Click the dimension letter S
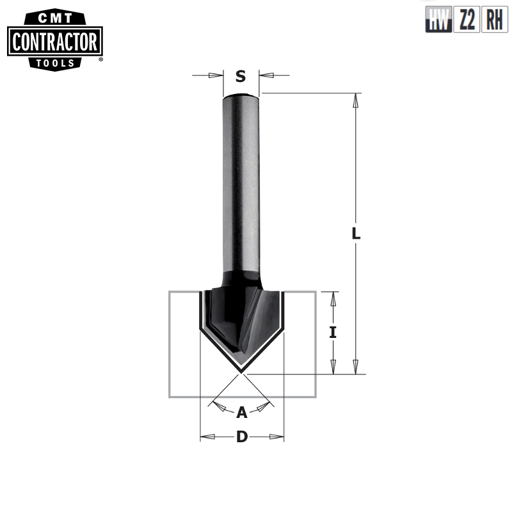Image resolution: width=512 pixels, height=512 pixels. tap(241, 77)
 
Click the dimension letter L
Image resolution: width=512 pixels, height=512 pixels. tap(356, 234)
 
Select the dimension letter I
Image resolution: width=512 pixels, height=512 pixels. tap(333, 333)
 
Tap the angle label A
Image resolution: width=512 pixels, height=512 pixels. tap(241, 412)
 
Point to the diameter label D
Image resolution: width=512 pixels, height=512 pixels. tap(242, 437)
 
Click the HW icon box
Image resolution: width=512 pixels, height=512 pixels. tap(438, 22)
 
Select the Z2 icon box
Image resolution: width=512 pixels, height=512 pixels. tap(467, 22)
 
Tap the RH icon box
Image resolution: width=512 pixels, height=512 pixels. tap(494, 22)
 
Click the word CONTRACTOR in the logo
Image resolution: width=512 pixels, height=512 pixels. tap(56, 43)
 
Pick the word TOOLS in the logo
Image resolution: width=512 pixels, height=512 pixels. tap(56, 62)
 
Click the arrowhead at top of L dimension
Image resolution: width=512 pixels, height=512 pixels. tap(357, 100)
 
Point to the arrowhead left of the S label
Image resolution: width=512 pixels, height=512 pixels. tap(216, 76)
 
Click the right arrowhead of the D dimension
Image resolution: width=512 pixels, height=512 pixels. tap(276, 437)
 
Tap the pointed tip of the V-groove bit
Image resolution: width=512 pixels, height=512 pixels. tap(241, 371)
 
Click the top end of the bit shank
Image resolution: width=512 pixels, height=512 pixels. tap(241, 97)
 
